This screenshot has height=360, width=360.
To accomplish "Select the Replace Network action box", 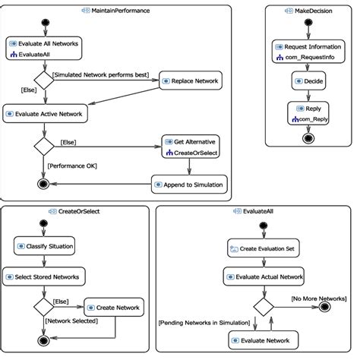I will [x=190, y=81].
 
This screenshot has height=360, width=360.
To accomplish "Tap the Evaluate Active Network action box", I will [x=46, y=113].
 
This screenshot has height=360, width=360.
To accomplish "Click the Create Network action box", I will [x=114, y=308].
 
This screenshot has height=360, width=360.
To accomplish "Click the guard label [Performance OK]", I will [x=71, y=165].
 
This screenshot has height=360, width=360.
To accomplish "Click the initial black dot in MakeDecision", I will [x=308, y=22].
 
